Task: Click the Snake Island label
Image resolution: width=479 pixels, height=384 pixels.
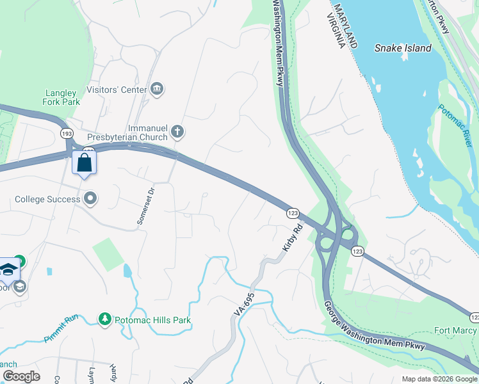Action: tap(403, 48)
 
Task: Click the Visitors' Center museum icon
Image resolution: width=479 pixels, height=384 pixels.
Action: tap(157, 89)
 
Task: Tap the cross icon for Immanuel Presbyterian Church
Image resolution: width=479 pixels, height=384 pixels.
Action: tap(177, 132)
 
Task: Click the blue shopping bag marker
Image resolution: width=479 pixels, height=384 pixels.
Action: tap(85, 163)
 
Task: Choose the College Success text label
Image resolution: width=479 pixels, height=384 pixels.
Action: tap(48, 199)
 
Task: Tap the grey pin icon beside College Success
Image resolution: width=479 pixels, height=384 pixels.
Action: tap(91, 198)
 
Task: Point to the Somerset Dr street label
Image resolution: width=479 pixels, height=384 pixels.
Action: tap(145, 205)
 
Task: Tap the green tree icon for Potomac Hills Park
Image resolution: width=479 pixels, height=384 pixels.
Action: tap(104, 318)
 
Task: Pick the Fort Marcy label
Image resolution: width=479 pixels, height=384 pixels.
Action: tap(455, 330)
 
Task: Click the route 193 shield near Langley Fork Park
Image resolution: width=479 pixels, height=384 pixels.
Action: tap(67, 133)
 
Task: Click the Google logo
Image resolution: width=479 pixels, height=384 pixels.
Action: tap(21, 376)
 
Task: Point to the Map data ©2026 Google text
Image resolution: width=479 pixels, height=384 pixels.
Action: tap(439, 379)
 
